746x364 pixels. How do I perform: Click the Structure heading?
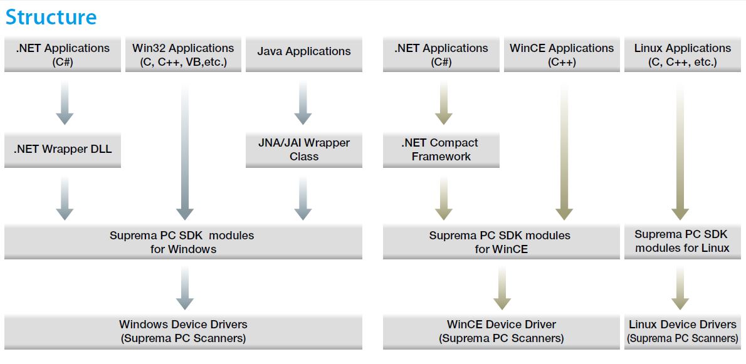tap(51, 17)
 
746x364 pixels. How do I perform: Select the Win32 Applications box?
tap(183, 55)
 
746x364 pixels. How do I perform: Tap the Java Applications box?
tap(304, 55)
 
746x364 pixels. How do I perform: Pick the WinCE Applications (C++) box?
tap(562, 55)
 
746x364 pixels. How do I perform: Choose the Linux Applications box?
tap(683, 55)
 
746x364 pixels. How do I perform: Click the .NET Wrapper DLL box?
tap(63, 150)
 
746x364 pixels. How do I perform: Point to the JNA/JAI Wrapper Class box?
tap(304, 150)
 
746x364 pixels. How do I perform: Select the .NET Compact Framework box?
tap(441, 150)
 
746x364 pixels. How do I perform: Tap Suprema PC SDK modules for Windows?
tap(183, 242)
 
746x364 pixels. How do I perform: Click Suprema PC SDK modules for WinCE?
tap(500, 242)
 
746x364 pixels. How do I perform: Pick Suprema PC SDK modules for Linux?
tap(683, 241)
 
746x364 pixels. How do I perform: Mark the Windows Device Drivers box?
tap(183, 331)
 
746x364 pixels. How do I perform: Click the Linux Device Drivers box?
tap(683, 331)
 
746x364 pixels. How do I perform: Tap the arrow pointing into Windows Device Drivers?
tap(184, 288)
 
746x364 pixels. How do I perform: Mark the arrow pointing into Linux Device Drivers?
tap(680, 288)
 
